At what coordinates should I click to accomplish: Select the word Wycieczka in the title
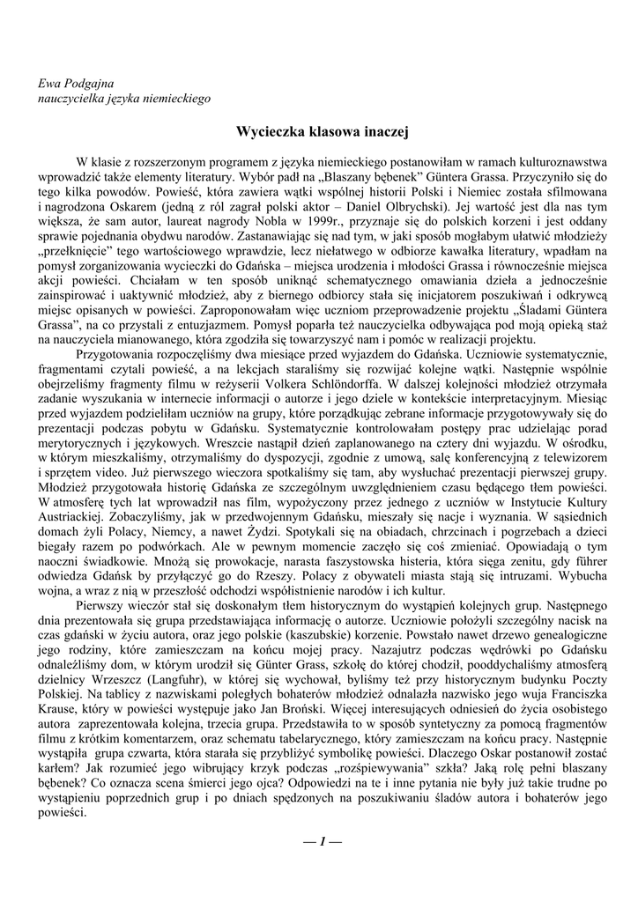(270, 132)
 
